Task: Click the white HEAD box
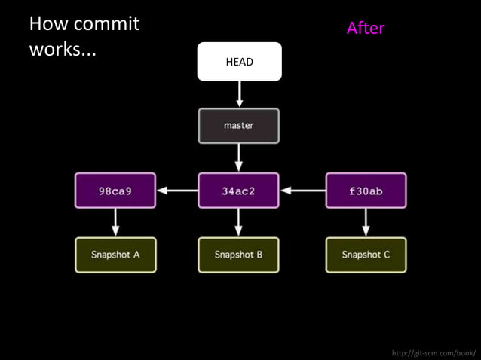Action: tap(239, 62)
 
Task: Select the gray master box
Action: tap(238, 126)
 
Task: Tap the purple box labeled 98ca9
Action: tap(115, 191)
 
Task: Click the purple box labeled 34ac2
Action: tap(238, 191)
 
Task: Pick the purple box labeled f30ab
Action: tap(366, 191)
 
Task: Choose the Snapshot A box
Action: tap(115, 255)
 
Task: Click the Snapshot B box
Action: tap(238, 255)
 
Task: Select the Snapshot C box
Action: tap(366, 255)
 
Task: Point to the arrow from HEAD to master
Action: tap(239, 94)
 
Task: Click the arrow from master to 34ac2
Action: tap(239, 157)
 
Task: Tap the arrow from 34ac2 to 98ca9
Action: tap(177, 191)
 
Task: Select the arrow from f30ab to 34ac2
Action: tap(302, 191)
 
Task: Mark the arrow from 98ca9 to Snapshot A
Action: tap(115, 222)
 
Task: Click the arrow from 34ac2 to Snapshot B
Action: tap(238, 222)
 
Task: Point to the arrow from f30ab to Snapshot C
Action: tap(366, 222)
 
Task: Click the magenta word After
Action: tap(366, 29)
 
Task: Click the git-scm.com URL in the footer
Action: tap(434, 352)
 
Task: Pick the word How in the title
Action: tap(44, 24)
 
